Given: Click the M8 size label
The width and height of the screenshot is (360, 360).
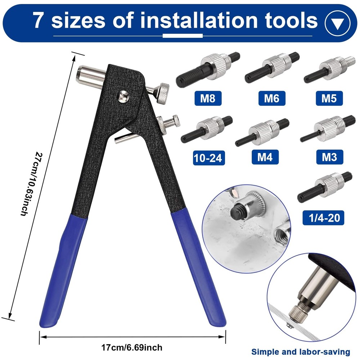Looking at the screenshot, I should coord(207,98).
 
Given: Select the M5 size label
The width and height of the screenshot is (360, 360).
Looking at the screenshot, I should coord(329,98).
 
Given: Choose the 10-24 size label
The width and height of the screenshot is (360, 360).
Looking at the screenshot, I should coord(208,158).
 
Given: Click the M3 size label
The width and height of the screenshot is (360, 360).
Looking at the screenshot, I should coord(329,157).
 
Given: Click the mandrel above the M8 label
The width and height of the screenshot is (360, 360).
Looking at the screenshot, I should coord(207,68).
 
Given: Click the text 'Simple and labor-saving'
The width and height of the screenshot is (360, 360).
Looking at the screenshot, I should coord(301,351).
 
